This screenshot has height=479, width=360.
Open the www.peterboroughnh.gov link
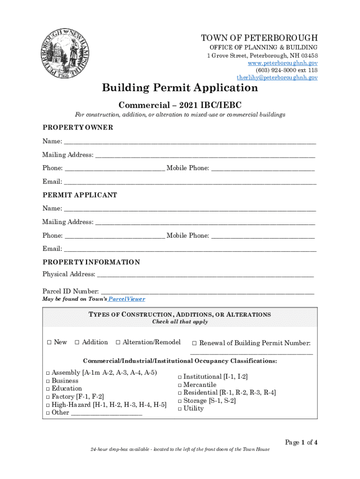coord(283,63)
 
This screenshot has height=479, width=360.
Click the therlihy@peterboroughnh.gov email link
coord(277,77)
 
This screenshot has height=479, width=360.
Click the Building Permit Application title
coord(180,88)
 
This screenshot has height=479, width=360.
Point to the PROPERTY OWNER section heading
coord(78,128)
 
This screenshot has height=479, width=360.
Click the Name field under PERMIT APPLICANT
coord(189,209)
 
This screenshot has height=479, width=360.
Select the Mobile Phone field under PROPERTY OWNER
coord(263,168)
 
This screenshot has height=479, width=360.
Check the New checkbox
coord(49,342)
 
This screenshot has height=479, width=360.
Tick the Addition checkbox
coord(77,342)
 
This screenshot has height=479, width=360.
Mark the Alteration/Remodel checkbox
coord(118,342)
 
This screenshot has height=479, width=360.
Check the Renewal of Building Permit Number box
coord(194,343)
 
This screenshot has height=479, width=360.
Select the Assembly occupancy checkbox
coord(48,373)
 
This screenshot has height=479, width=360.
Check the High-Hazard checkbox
coord(48,405)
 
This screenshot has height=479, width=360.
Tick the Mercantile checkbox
coord(180,385)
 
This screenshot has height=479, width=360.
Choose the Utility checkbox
coord(180,409)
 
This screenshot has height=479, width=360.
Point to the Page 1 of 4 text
coord(301,443)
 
